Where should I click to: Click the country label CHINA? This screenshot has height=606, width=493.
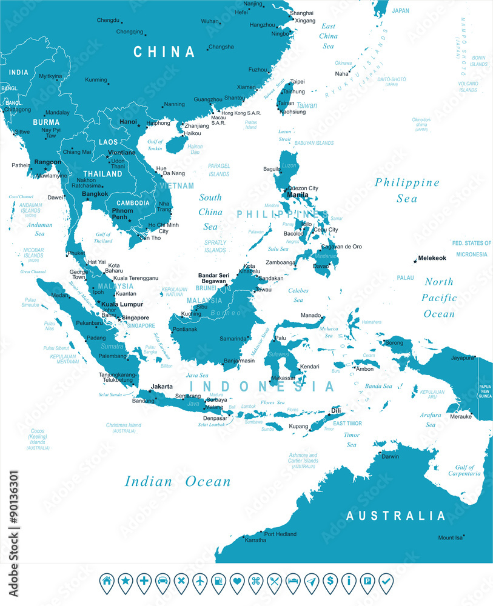(164, 52)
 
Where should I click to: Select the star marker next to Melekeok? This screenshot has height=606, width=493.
(415, 261)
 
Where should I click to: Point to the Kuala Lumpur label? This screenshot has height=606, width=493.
(122, 304)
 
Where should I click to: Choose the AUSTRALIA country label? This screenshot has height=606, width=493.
(396, 516)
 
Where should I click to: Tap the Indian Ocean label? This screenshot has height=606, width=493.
(178, 482)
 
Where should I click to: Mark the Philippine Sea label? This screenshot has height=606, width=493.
(407, 190)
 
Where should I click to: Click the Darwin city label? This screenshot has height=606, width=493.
(390, 456)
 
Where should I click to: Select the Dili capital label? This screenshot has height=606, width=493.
(336, 411)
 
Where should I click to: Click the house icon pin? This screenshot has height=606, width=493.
(107, 581)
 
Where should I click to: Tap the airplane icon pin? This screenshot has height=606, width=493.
(200, 581)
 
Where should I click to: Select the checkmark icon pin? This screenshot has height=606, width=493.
(385, 581)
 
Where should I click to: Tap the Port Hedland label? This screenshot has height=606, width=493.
(280, 534)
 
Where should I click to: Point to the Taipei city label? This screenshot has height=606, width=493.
(297, 81)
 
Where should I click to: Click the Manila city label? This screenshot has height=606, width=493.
(297, 195)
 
